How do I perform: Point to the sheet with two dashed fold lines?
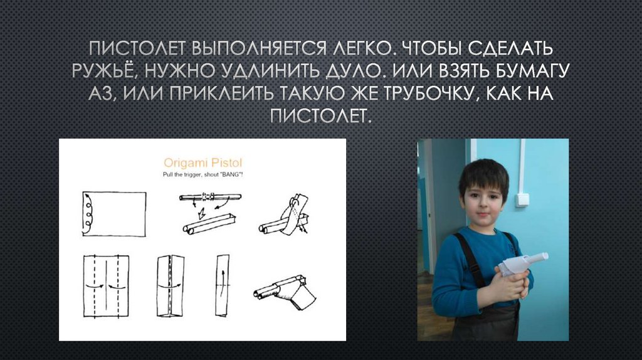coord(106,286)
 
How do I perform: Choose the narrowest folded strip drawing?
coord(222,286)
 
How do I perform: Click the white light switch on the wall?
coord(522,199)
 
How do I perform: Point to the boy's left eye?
coord(493,196)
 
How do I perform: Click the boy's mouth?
coord(482,215)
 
